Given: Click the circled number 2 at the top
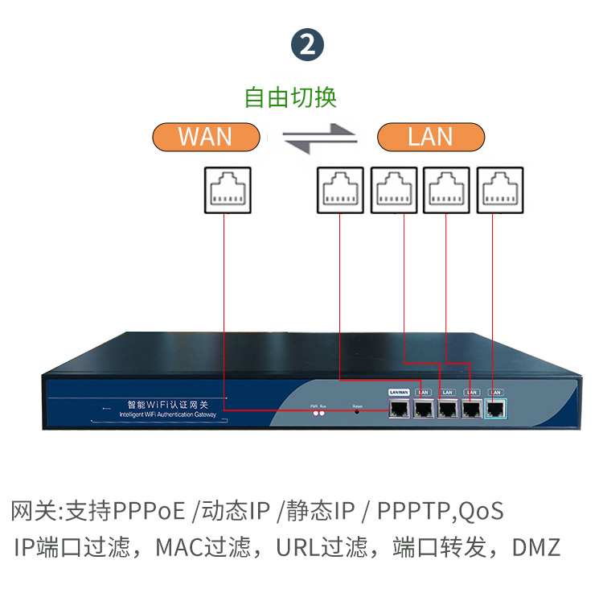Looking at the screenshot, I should click(x=307, y=44).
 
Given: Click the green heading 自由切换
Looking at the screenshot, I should click(x=290, y=97).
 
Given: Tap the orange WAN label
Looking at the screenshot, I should click(x=206, y=137).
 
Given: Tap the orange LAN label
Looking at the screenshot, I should click(x=430, y=137).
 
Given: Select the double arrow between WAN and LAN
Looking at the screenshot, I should click(x=319, y=138).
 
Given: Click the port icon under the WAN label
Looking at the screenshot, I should click(x=227, y=191).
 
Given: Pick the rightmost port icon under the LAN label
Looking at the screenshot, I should click(x=499, y=191).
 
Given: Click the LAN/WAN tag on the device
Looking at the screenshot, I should click(x=400, y=392).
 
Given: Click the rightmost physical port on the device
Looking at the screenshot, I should click(x=498, y=408).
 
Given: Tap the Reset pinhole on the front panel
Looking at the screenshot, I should click(x=358, y=412).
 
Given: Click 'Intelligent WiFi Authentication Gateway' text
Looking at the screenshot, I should click(x=167, y=415).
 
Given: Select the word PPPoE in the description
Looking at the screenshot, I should click(x=150, y=511).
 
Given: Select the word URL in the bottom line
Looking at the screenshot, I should click(x=297, y=549).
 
